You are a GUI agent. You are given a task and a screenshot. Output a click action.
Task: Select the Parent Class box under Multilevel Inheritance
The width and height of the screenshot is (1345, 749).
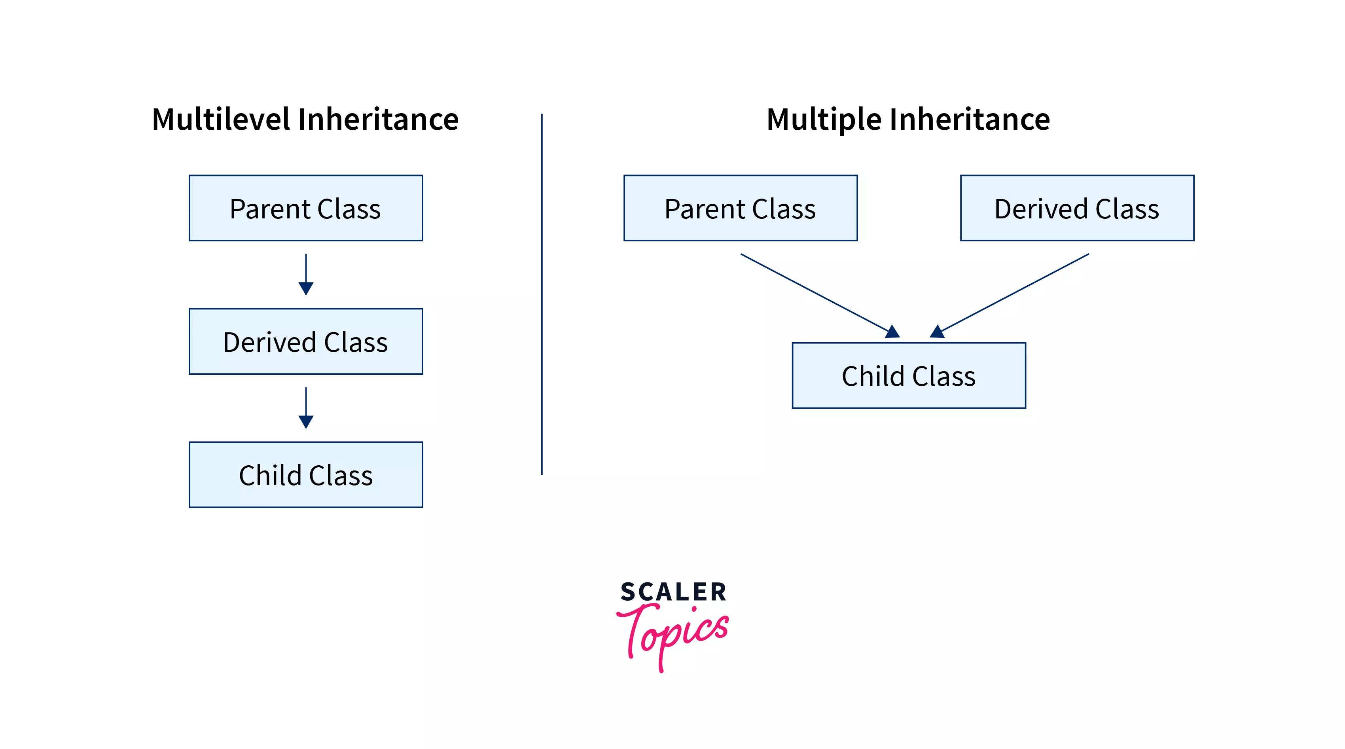coord(306,208)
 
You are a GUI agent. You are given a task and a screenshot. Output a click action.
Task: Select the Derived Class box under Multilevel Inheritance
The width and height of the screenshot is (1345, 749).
coord(306,341)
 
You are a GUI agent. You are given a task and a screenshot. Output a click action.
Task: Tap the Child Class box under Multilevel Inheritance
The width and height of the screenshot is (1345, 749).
coord(306,474)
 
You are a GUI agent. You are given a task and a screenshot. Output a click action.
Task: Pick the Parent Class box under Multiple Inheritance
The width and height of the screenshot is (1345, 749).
coord(741,208)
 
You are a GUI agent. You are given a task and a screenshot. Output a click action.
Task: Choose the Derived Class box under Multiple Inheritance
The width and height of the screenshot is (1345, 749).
coord(1077,208)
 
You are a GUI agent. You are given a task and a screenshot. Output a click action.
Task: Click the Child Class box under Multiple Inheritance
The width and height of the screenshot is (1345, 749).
coord(909,375)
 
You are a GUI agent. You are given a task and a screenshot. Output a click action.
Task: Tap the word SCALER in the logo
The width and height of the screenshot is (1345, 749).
coord(673,592)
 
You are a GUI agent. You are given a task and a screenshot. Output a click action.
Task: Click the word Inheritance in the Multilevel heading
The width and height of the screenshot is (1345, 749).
coord(378,119)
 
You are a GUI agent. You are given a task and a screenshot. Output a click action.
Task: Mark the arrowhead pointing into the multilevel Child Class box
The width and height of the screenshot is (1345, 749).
coord(306,421)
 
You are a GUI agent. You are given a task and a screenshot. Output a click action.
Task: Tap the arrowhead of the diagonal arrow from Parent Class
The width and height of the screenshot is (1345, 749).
coord(893,332)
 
